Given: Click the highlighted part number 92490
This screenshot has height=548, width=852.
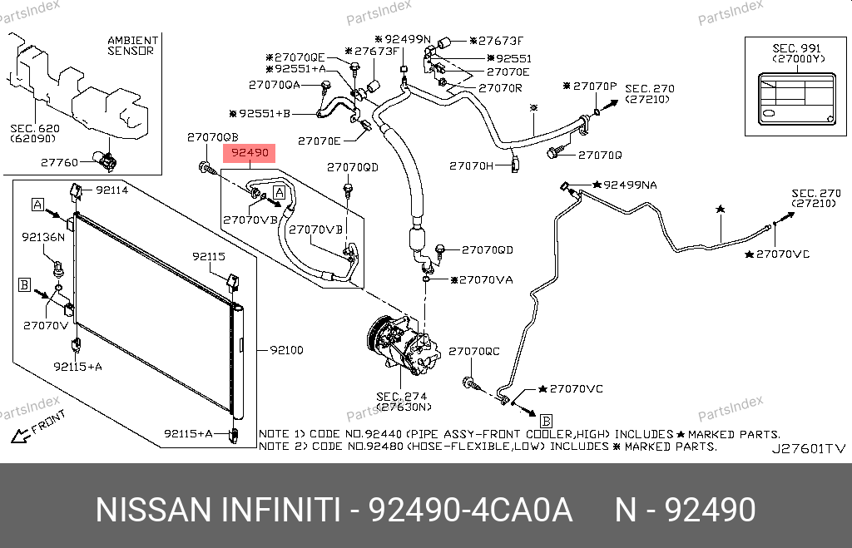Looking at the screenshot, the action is (x=250, y=153).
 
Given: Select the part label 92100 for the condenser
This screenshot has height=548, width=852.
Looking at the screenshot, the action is (x=286, y=350).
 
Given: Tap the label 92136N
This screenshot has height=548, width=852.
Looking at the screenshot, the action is (x=43, y=237).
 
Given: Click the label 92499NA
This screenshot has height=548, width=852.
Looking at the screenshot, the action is (x=631, y=185).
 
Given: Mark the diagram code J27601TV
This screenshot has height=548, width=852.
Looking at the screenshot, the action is (x=809, y=448).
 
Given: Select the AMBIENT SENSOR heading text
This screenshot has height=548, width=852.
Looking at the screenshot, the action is (x=133, y=46).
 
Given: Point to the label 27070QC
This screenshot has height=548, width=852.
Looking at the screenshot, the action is (x=473, y=352).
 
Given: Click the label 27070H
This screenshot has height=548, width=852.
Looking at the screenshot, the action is (x=471, y=165).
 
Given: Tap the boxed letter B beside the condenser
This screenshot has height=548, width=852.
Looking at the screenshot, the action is (x=24, y=284).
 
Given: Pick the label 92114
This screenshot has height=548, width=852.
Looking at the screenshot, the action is (x=112, y=190).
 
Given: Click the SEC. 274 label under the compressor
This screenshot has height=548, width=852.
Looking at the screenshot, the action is (x=402, y=397).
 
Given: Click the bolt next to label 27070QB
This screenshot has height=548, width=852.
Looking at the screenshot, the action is (x=206, y=167).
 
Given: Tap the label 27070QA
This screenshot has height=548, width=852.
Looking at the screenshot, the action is (x=275, y=85).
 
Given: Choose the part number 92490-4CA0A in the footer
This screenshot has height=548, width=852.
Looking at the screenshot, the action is (x=471, y=510).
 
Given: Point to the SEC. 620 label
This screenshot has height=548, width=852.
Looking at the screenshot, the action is (x=35, y=129).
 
